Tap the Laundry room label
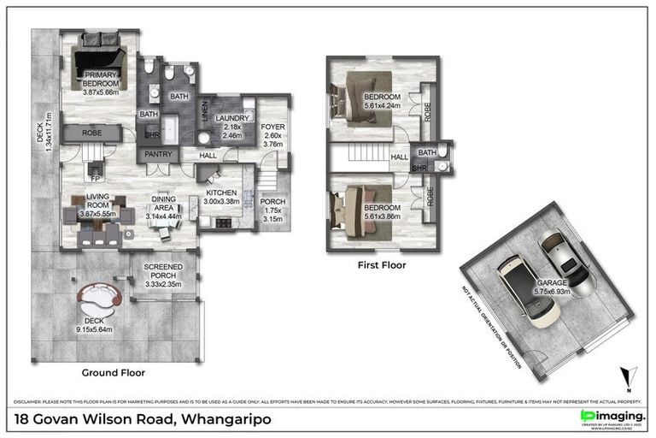(x=232, y=118)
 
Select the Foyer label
(x=274, y=127)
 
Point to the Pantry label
(x=159, y=154)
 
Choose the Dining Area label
(x=164, y=204)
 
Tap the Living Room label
(x=96, y=204)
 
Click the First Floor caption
(x=381, y=265)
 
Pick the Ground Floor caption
(x=113, y=373)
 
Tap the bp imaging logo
(x=612, y=416)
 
